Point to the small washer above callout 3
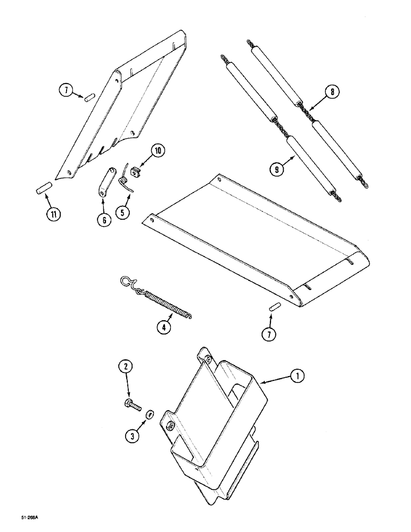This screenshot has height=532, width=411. (x=150, y=413)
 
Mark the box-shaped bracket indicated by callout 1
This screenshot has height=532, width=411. (x=216, y=426)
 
